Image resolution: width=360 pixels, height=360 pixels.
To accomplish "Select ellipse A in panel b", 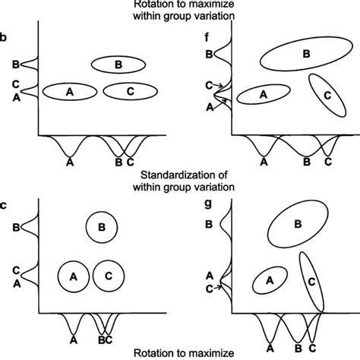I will point(70,91).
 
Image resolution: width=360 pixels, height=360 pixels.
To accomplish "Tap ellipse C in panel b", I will point(129,91).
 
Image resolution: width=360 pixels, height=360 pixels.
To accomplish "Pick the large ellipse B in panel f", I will point(305,54).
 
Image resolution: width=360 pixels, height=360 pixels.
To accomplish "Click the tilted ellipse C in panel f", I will point(327,96).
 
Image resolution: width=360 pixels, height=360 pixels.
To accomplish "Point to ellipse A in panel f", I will point(264,94).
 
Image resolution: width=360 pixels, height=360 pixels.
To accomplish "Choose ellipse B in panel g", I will point(298,223).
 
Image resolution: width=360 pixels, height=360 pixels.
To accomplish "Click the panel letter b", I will point(6,36).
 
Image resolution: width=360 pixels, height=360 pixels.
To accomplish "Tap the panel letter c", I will point(6,204).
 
